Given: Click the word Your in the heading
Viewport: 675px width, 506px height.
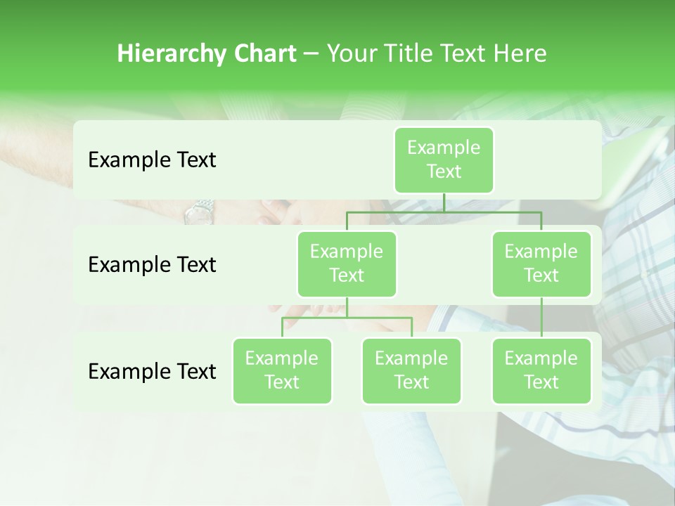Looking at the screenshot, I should coord(352,53).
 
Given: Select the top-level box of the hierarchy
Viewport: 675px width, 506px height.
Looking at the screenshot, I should coord(444,160).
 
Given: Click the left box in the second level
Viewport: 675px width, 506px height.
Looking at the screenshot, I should coord(347,264).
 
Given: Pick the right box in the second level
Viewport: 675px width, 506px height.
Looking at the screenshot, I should coord(541,264).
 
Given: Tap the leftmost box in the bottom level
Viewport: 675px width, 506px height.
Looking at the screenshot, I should coord(282,370).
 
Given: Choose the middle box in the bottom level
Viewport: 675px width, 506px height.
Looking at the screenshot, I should coord(411,370).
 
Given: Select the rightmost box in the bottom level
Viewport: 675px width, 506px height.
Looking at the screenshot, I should coord(541,370).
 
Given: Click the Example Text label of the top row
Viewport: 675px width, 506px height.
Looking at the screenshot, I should coord(152,160).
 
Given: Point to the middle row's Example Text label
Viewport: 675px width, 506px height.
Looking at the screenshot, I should coord(152,265).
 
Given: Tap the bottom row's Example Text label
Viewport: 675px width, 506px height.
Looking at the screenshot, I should coord(152,372).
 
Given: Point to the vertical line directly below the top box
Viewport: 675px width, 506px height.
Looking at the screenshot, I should coord(444,202).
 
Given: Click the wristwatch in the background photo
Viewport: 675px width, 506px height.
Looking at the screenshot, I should coord(199,210).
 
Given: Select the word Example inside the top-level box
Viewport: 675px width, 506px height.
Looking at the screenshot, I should coord(444,148).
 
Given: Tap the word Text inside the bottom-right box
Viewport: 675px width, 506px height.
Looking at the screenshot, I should coord(541,382).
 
